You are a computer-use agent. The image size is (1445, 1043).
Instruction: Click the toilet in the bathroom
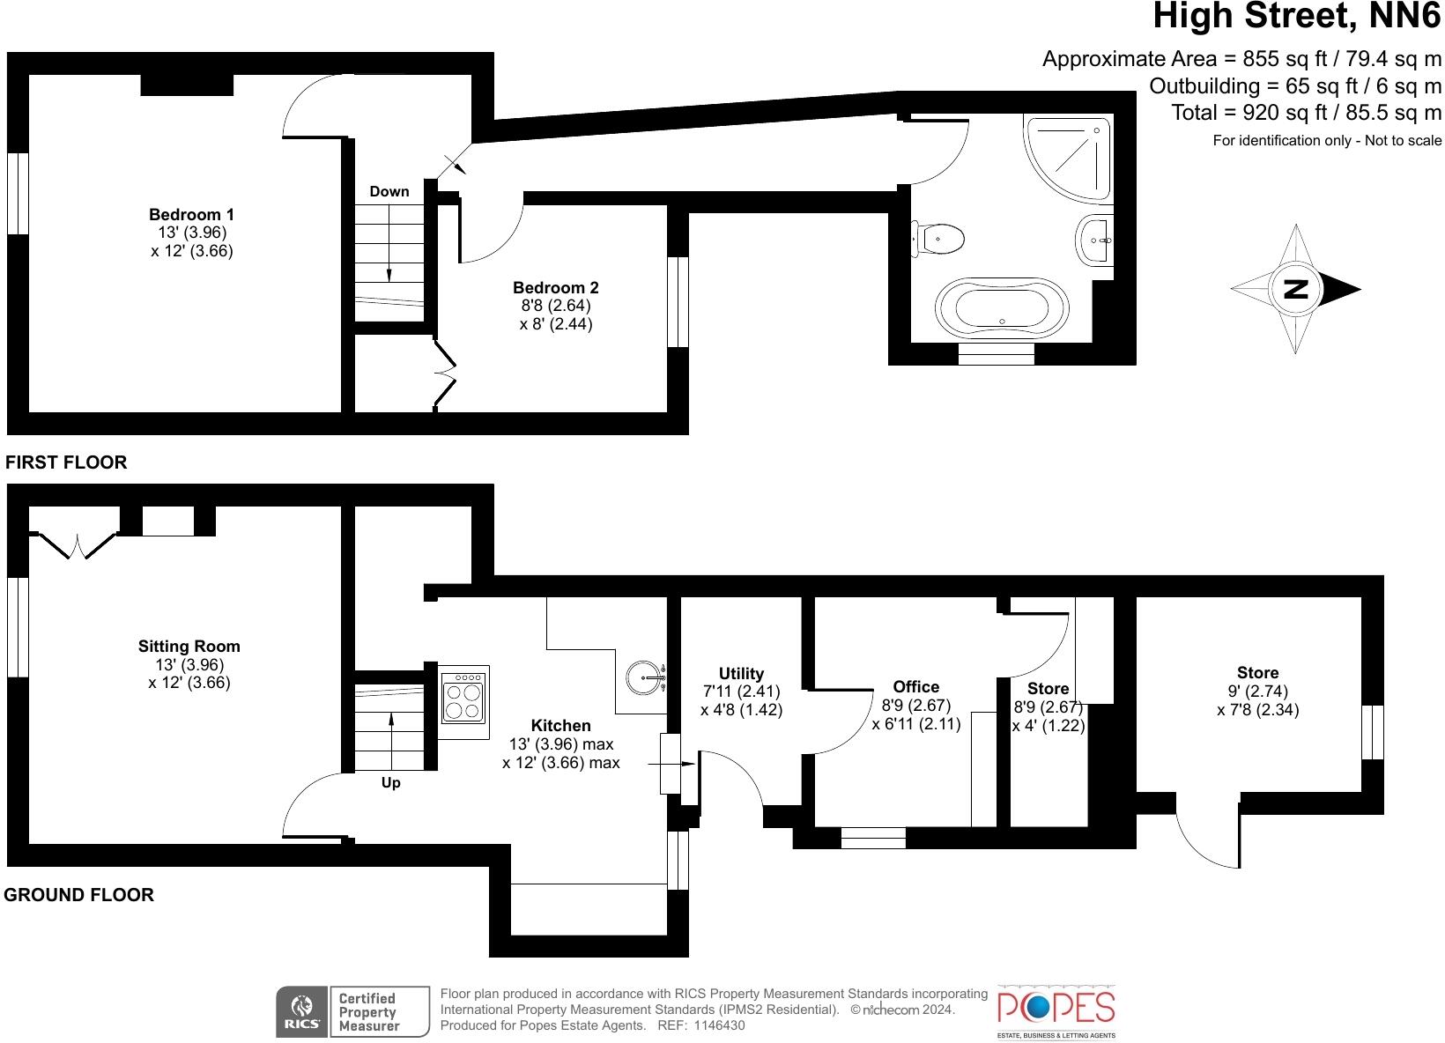(x=938, y=238)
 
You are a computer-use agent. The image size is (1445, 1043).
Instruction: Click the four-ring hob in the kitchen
(x=463, y=701)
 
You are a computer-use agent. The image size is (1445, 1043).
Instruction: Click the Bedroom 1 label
(x=191, y=214)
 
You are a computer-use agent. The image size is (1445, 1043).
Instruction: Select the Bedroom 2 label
(x=555, y=287)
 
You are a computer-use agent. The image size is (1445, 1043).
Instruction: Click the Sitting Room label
(x=189, y=646)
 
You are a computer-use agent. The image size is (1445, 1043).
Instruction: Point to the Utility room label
(x=741, y=673)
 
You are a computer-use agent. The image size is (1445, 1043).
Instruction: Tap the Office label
(x=915, y=686)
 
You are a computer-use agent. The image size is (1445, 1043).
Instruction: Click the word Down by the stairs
(x=389, y=191)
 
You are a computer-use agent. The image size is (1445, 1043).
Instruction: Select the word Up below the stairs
(x=390, y=782)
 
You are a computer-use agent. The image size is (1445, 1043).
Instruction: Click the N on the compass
(x=1295, y=289)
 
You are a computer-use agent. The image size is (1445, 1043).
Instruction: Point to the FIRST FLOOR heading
(x=66, y=462)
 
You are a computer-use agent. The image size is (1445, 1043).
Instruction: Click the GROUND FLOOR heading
(x=79, y=894)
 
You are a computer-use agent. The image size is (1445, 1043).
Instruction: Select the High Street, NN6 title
(x=1297, y=16)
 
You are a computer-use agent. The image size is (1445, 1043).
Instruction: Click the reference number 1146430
(x=719, y=1025)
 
